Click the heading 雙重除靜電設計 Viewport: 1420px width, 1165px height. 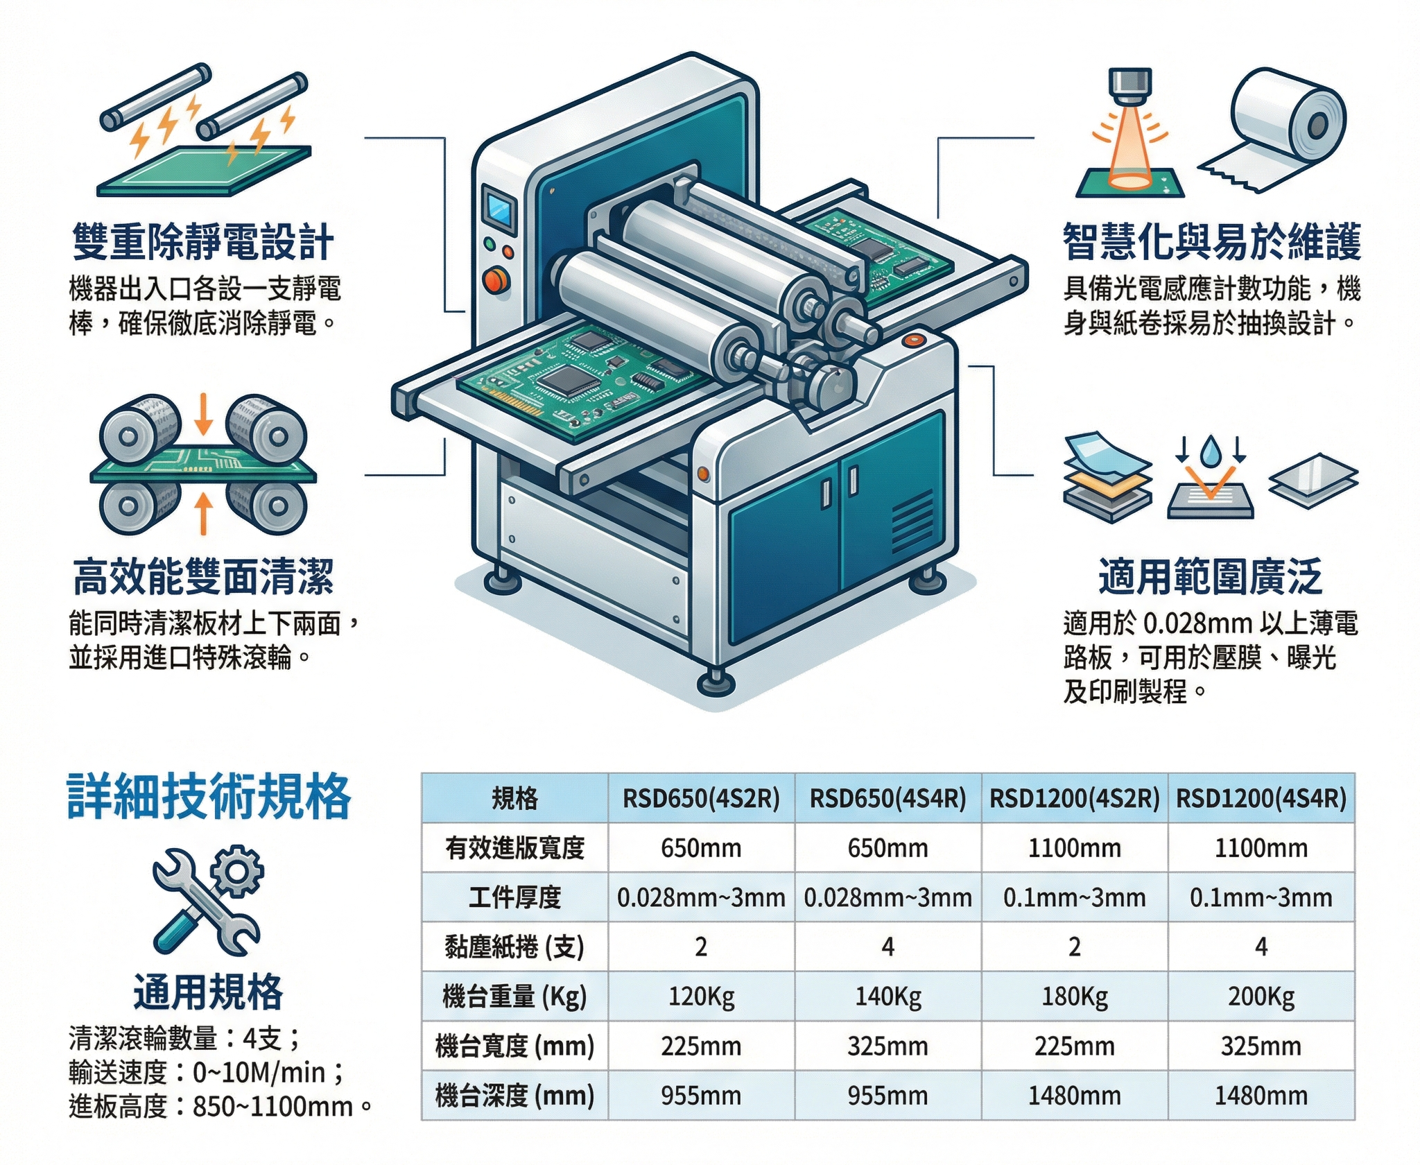click(x=203, y=242)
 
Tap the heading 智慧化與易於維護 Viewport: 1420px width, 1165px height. click(x=1211, y=242)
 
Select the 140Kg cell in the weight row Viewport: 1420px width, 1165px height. click(x=887, y=996)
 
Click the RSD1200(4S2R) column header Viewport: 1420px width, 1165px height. click(x=1074, y=799)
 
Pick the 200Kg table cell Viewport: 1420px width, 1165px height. click(x=1261, y=996)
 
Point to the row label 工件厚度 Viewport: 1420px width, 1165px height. click(x=514, y=897)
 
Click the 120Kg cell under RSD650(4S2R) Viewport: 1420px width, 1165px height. click(x=701, y=996)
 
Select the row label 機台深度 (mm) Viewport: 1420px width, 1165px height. click(x=514, y=1096)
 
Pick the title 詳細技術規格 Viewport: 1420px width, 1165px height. click(x=209, y=797)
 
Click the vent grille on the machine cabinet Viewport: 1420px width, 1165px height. click(x=911, y=521)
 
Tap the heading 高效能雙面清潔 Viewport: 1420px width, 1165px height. click(x=203, y=577)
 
